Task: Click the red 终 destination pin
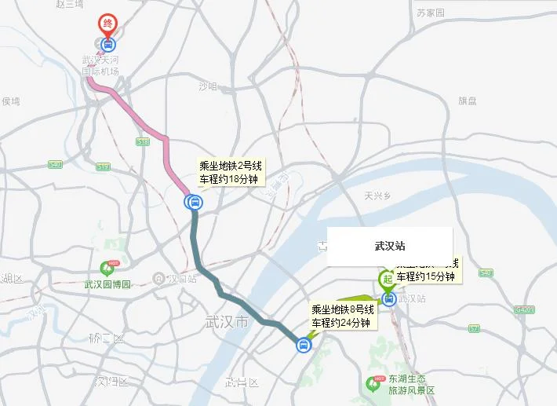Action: click(x=105, y=24)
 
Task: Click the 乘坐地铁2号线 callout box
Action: click(x=231, y=171)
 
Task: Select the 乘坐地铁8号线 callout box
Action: click(x=344, y=316)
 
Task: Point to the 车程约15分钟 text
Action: click(x=425, y=276)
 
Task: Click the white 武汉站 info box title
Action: click(x=390, y=246)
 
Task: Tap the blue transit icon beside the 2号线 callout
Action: click(x=193, y=203)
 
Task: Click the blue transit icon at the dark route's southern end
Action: click(x=303, y=345)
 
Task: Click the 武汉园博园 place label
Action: click(x=107, y=284)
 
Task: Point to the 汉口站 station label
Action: click(x=182, y=279)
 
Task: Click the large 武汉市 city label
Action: click(x=226, y=322)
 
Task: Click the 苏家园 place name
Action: click(x=430, y=13)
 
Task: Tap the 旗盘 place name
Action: click(x=468, y=101)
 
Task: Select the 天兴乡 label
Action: click(x=377, y=196)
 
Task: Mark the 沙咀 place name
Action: click(x=207, y=86)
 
